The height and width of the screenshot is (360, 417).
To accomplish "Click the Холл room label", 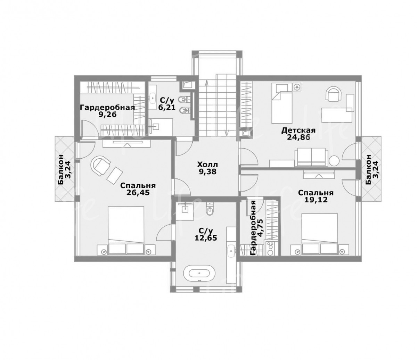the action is point(207,165).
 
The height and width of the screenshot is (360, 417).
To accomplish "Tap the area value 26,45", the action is point(138,192).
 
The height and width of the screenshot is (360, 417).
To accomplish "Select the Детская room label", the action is point(299,130).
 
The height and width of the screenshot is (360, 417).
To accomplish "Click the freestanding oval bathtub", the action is point(199,273).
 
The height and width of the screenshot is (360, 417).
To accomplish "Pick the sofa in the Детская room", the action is point(310,157).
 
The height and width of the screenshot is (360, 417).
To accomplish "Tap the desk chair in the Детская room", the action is point(334,94).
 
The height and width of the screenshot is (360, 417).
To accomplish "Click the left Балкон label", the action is point(61,170).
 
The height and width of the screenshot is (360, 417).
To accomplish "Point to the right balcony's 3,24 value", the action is point(376,169).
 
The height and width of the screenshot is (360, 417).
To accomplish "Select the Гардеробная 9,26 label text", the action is point(107,111).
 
